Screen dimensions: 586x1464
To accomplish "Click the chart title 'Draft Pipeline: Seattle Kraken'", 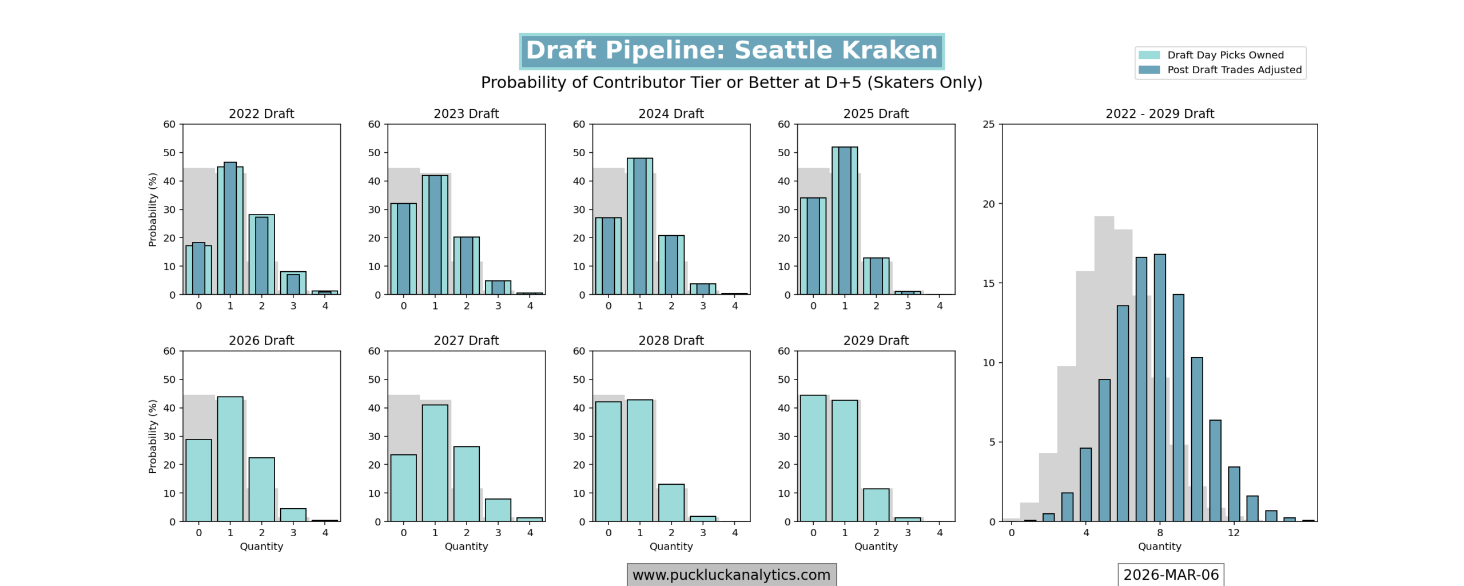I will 731,50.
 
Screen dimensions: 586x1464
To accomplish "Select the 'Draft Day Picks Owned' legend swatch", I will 1149,55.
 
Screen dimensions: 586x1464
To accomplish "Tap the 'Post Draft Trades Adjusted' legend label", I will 1234,70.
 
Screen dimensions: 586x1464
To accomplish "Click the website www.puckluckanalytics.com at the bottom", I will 731,575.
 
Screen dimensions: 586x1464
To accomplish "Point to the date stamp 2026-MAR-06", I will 1171,575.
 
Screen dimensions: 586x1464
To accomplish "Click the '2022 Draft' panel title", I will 261,113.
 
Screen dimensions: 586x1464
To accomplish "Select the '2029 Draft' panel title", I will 876,340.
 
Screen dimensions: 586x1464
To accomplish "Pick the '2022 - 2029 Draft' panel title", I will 1159,113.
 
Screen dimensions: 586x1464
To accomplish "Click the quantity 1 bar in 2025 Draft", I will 845,220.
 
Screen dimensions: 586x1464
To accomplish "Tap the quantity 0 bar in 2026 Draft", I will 198,480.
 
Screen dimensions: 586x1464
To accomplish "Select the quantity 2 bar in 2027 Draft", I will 467,484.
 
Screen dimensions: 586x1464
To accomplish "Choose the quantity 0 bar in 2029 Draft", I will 813,458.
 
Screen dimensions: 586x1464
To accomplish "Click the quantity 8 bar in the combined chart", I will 1160,387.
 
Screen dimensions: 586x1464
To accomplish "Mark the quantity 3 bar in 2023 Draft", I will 498,287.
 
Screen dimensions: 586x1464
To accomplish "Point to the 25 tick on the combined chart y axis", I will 989,124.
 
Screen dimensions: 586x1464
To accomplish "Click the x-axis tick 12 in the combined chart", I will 1234,533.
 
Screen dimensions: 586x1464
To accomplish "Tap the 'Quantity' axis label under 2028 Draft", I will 671,547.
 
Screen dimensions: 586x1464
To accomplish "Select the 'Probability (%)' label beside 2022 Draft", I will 153,209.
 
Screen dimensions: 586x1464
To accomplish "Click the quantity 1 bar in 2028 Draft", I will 640,460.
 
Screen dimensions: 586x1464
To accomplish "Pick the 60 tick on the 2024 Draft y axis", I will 579,124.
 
